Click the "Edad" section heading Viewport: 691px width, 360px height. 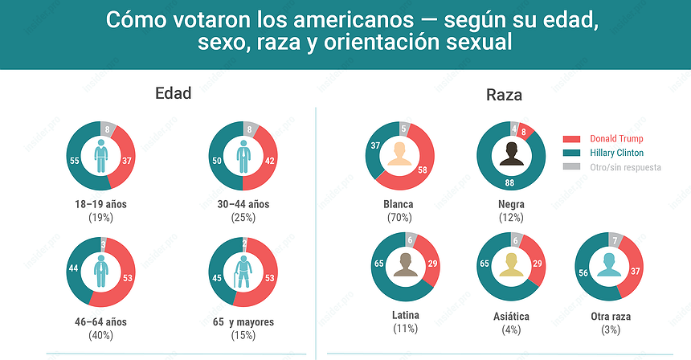[x=173, y=93]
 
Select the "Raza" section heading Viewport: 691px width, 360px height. [x=504, y=95]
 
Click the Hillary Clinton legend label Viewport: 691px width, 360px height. [x=616, y=153]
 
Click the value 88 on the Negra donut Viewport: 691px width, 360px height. [x=510, y=183]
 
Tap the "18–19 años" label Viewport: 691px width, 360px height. [x=100, y=204]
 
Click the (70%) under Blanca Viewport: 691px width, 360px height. [x=399, y=217]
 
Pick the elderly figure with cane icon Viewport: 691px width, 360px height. [x=243, y=271]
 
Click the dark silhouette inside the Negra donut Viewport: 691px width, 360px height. [x=511, y=154]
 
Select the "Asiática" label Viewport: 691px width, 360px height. [x=511, y=316]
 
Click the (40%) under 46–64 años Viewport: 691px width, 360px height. [x=100, y=335]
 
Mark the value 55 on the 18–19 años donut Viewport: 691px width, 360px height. [x=74, y=161]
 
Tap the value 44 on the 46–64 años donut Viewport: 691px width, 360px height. [x=73, y=269]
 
